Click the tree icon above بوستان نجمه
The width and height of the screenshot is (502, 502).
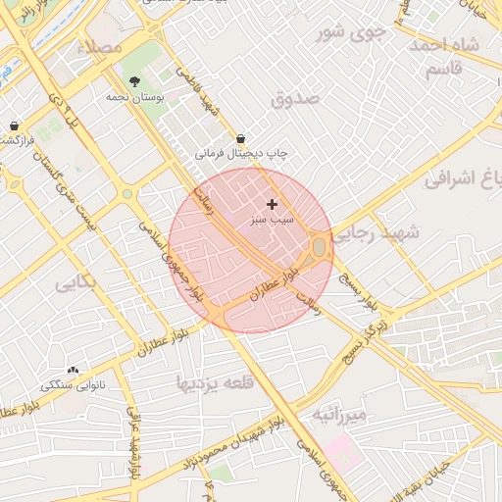[134, 81]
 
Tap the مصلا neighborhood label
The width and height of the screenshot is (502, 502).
[101, 47]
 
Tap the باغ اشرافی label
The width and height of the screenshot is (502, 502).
[468, 179]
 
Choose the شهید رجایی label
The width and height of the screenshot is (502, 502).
[377, 233]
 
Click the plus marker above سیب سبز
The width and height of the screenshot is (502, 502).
[272, 203]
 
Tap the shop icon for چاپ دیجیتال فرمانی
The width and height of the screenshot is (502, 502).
[240, 139]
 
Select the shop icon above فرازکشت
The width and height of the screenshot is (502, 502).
[15, 125]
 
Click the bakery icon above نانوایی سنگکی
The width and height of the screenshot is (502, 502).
[73, 370]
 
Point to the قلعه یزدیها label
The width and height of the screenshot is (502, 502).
[214, 382]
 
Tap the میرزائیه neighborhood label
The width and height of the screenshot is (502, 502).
[338, 415]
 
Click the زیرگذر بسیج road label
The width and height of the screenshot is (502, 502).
[365, 337]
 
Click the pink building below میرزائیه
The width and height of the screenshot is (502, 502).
[342, 452]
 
